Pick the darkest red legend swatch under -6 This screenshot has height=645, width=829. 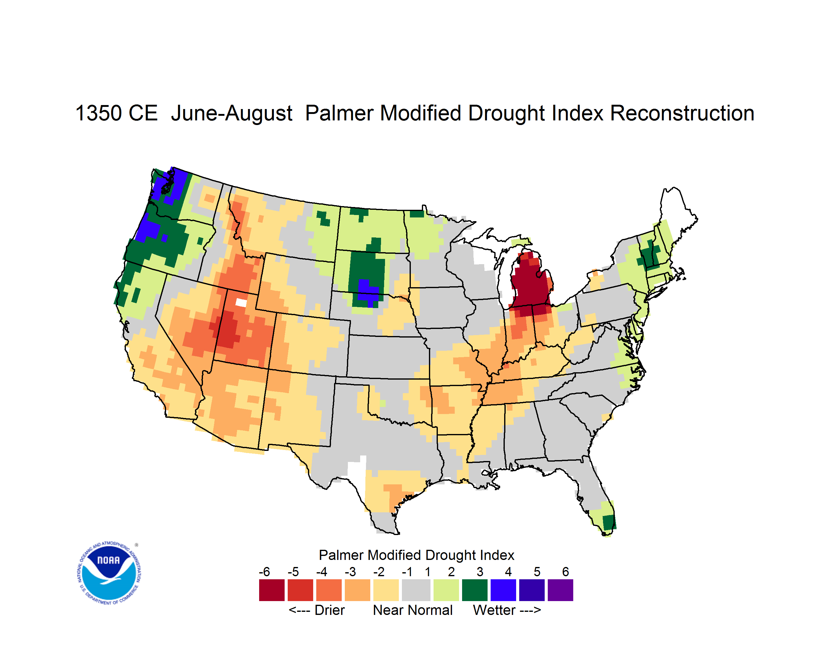click(x=271, y=590)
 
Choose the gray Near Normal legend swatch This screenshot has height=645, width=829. click(x=416, y=590)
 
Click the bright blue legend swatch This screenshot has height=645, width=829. click(x=503, y=590)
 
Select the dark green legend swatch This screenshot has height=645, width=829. click(x=474, y=590)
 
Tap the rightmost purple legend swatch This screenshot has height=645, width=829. click(x=560, y=590)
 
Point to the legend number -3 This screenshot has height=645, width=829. click(x=350, y=572)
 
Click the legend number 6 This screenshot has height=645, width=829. click(x=566, y=572)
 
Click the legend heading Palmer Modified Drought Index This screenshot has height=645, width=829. click(x=416, y=555)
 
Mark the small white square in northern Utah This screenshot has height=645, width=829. click(x=241, y=303)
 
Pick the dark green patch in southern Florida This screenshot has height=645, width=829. click(x=609, y=522)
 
